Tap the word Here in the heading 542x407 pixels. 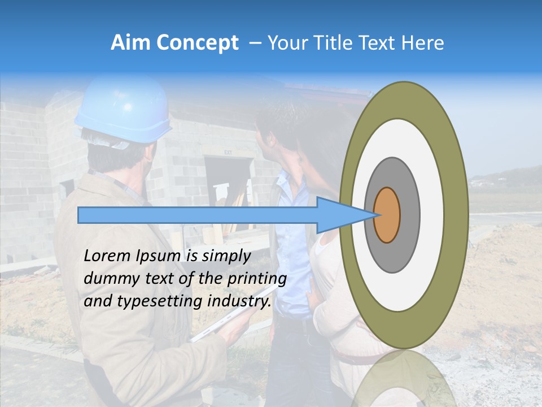[423, 43]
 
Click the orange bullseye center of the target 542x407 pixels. [387, 215]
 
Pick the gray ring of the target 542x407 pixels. [409, 215]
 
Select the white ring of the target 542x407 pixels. [432, 215]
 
